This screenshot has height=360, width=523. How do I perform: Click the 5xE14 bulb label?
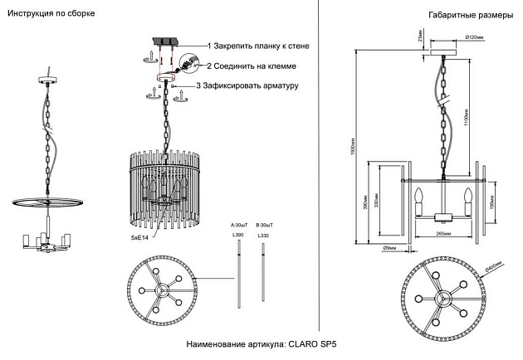coord(139,238)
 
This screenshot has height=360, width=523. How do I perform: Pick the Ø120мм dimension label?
coord(475,37)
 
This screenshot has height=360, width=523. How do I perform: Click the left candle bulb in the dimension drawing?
coord(418,199)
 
